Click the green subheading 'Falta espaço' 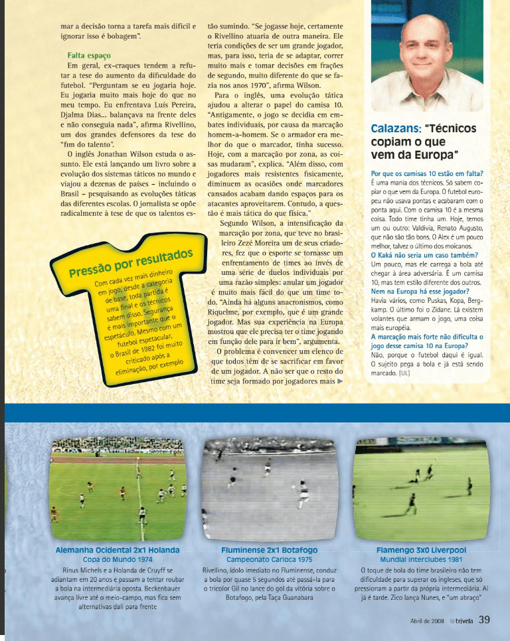(88, 56)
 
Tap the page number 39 (484, 620)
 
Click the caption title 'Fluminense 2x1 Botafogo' (269, 550)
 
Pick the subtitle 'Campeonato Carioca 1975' (269, 559)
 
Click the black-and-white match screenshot (269, 488)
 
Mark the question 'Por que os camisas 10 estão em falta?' (426, 173)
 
